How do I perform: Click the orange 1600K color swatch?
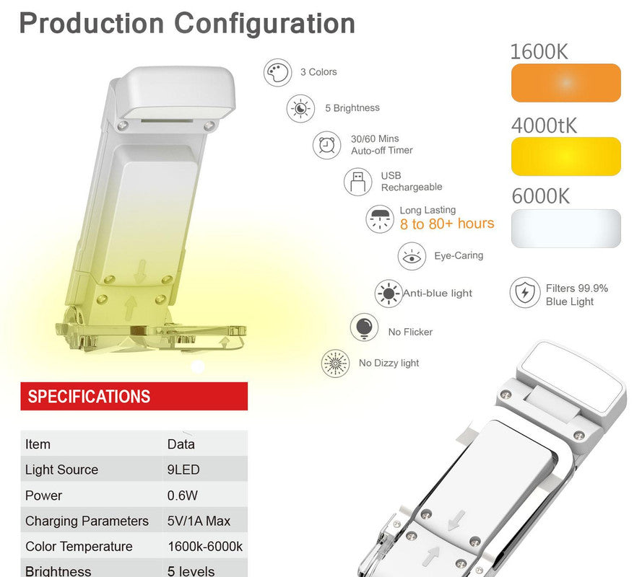[x=565, y=83]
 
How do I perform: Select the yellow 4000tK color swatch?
[x=565, y=156]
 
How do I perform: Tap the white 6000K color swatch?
[x=565, y=229]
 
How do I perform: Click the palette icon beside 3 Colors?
[x=277, y=73]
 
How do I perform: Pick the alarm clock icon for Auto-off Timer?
[x=326, y=145]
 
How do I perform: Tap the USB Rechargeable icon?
[x=357, y=181]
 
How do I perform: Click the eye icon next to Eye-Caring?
[x=412, y=256]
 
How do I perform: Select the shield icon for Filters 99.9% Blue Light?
[x=524, y=294]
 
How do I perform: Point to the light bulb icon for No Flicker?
[x=364, y=327]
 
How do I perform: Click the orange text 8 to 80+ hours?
[x=447, y=224]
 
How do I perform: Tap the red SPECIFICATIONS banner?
[x=134, y=396]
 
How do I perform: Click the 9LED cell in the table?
[x=183, y=470]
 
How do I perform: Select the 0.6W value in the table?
[x=182, y=495]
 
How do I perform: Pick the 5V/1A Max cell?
[x=199, y=521]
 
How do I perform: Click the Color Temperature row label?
[x=79, y=546]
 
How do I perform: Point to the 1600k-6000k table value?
[x=205, y=546]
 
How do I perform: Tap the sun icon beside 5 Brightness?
[x=300, y=109]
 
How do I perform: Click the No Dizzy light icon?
[x=335, y=363]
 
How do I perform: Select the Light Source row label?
[x=61, y=470]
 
